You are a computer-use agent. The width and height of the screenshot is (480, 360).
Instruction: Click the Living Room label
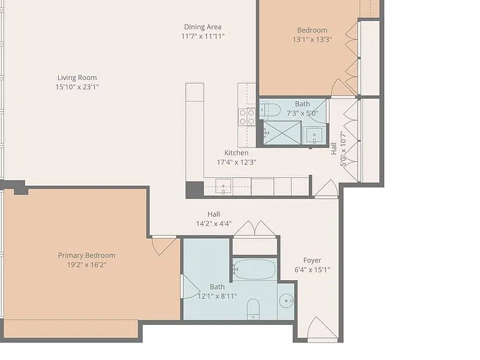pos(77,77)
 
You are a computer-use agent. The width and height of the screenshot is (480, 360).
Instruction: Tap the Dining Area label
pos(202,27)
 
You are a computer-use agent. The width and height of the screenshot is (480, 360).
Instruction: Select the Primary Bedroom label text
pos(87,255)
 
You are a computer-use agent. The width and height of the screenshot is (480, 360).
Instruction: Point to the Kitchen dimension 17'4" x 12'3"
pos(236,162)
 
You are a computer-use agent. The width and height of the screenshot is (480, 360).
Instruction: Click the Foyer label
pos(312,260)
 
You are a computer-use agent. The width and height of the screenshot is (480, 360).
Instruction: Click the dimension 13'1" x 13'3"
pos(312,39)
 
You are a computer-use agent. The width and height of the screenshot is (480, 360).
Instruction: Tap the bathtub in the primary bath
pos(255,269)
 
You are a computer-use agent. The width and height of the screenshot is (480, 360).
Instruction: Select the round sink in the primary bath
pos(286,301)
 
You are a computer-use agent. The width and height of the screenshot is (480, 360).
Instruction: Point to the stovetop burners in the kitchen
pos(247,117)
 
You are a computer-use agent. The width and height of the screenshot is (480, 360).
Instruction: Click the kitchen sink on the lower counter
pos(224,186)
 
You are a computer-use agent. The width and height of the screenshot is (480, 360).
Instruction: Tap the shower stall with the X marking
pos(282,132)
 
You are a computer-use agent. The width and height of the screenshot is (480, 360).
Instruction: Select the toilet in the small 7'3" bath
pos(270,110)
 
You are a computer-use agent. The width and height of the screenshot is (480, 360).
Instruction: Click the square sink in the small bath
pos(314,135)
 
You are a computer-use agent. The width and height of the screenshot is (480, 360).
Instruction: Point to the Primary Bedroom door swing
pos(164,246)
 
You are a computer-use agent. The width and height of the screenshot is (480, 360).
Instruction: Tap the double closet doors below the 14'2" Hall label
pos(255,229)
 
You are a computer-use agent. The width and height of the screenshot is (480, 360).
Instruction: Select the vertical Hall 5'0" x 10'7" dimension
pos(339,149)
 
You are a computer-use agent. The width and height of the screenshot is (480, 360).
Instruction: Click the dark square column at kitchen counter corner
pos(195,190)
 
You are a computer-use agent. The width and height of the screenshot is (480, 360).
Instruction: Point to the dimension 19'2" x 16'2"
pos(87,265)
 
